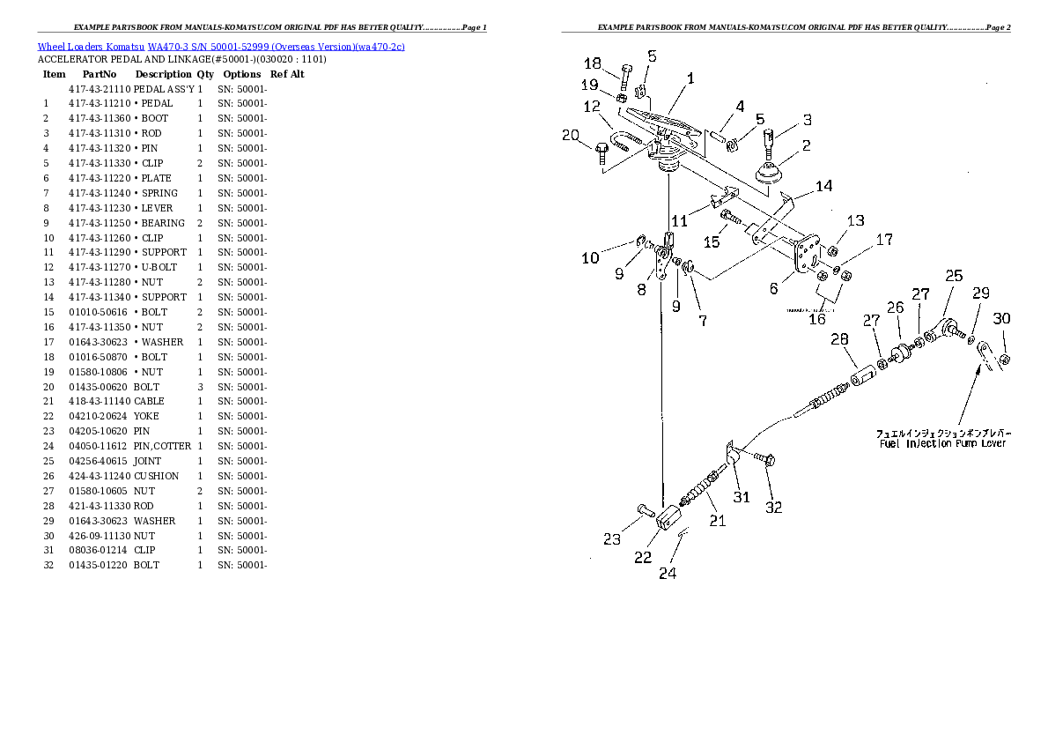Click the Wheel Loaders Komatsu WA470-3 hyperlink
(220, 47)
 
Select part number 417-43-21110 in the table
(99, 89)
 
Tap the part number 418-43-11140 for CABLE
(99, 401)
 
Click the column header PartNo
(99, 74)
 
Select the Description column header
(163, 74)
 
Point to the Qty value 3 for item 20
(200, 386)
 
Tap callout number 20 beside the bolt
(571, 135)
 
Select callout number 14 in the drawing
(823, 186)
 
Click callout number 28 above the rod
(839, 339)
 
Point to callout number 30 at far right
(1001, 318)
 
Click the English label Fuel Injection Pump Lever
(942, 443)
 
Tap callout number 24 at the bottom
(668, 574)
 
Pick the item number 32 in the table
(48, 565)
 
